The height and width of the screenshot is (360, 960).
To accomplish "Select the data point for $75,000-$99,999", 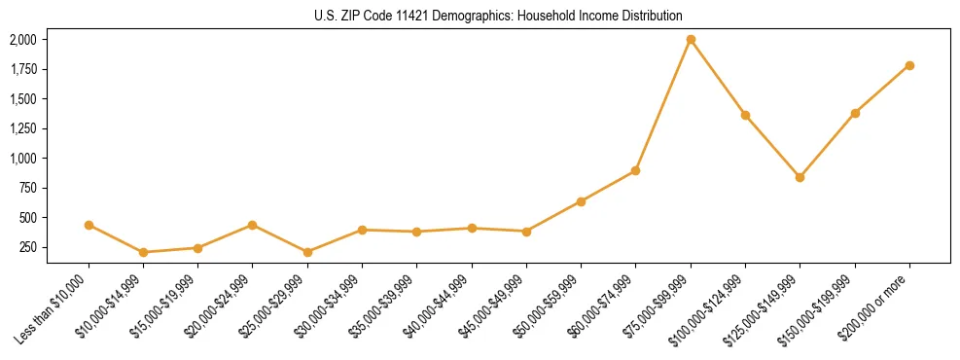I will [x=691, y=40].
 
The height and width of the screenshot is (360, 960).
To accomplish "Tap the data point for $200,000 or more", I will [x=909, y=65].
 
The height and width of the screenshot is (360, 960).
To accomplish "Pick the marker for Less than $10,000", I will [x=89, y=225].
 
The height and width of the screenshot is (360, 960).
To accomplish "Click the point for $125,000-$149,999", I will [x=800, y=177].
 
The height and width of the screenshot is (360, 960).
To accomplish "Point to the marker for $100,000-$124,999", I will [x=745, y=115].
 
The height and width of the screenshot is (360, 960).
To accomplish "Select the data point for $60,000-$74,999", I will [x=635, y=170].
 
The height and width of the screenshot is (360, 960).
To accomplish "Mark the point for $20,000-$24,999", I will [x=253, y=225].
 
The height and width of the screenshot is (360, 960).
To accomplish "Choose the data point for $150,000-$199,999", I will [x=855, y=113].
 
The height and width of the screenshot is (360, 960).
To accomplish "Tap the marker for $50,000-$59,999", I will [x=581, y=201].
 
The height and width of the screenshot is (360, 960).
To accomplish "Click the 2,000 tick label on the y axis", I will [x=22, y=40].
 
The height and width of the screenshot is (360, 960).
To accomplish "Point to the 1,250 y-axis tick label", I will [x=22, y=128].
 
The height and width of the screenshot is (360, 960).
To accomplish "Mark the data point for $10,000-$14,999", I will [x=143, y=252].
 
